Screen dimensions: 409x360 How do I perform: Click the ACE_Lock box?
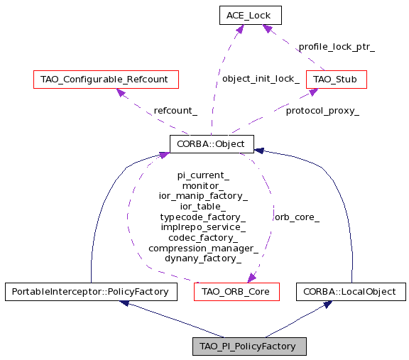click(251, 16)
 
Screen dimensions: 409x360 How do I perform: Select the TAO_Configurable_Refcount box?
click(106, 80)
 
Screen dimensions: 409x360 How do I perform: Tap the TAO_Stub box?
click(337, 80)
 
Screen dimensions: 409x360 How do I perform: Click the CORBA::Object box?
click(212, 144)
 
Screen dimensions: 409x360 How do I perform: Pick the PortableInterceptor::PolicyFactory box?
click(91, 292)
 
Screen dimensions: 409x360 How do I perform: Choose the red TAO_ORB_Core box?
click(236, 292)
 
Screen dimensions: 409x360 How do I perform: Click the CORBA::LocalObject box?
click(351, 292)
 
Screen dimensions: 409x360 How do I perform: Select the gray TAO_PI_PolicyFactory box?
click(249, 347)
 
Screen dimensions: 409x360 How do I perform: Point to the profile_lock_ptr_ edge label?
click(337, 47)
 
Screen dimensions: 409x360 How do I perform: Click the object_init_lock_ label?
click(261, 79)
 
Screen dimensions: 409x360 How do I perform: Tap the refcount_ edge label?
click(175, 111)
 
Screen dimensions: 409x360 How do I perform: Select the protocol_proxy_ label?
click(322, 111)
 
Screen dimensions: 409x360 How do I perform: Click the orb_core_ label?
click(297, 217)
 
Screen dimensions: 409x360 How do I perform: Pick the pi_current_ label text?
click(203, 175)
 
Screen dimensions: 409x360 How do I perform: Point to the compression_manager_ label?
click(204, 249)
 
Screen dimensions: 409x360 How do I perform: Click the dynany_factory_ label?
click(203, 258)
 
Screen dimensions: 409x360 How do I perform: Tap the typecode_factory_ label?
click(203, 217)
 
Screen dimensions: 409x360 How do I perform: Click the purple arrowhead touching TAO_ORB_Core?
click(251, 278)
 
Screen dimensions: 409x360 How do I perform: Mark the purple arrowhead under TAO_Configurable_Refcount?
click(121, 92)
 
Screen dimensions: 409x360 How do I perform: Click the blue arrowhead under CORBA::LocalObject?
click(327, 304)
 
